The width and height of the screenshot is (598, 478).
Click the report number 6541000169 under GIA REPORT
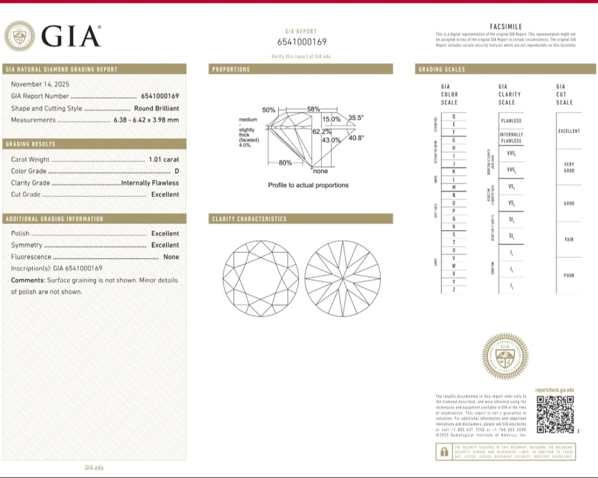click(x=301, y=42)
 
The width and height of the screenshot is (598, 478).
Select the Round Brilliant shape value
click(x=156, y=108)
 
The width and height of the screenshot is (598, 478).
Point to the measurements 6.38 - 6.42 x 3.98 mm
click(x=146, y=120)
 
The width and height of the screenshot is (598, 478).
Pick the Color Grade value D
click(x=176, y=171)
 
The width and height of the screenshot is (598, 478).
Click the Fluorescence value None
click(x=171, y=257)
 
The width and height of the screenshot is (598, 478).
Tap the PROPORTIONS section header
click(x=231, y=69)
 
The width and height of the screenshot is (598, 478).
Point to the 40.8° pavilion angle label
click(x=356, y=138)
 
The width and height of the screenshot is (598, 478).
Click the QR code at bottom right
click(x=555, y=414)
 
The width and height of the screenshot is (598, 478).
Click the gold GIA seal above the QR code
click(x=504, y=357)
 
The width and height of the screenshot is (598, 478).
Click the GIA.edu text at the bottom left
click(x=94, y=467)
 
